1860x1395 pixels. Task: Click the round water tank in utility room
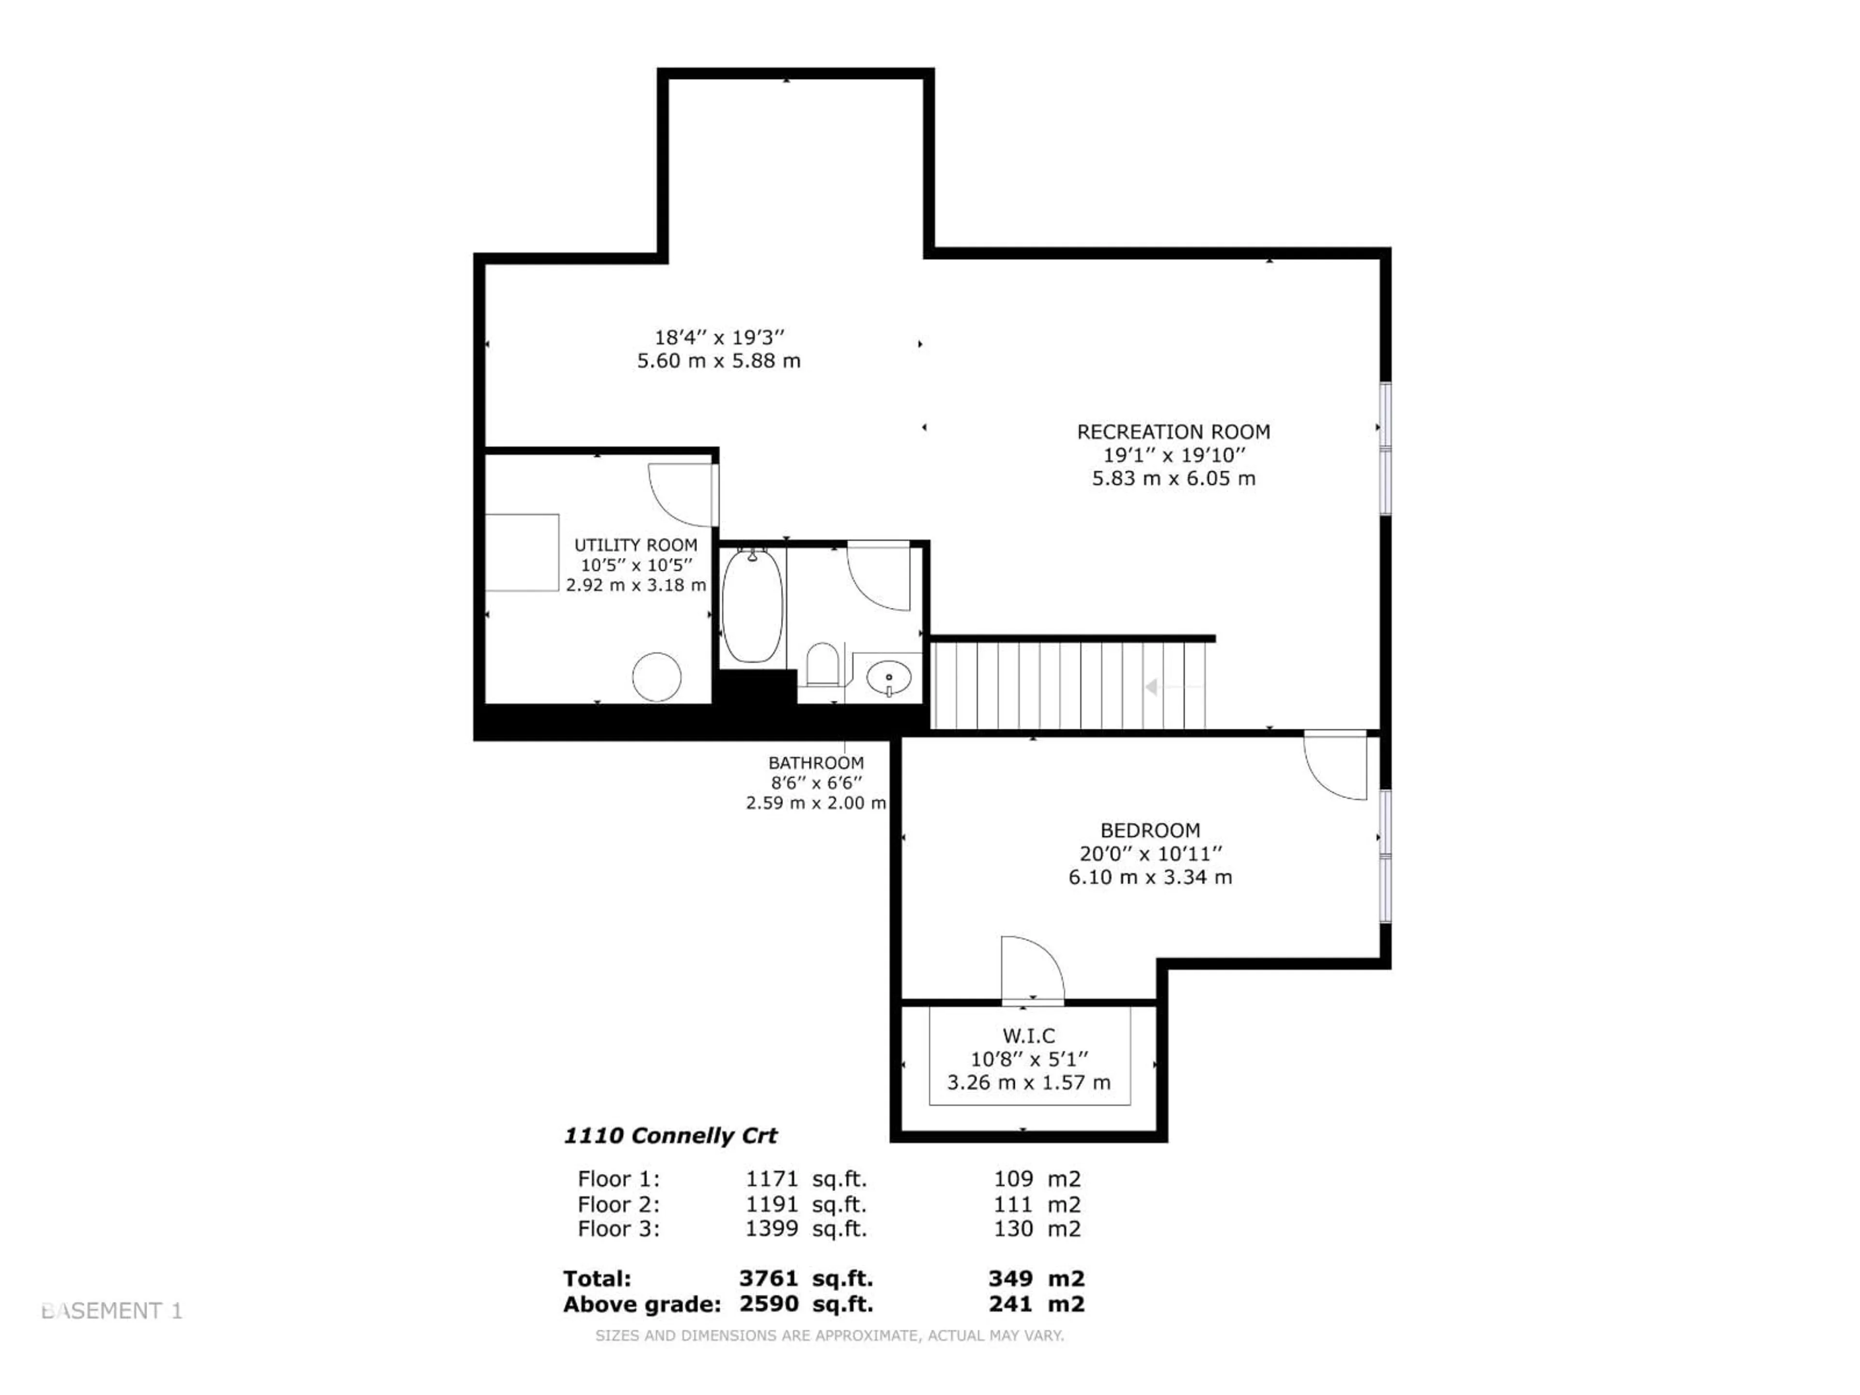coord(657,677)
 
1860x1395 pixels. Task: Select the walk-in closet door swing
coord(1032,969)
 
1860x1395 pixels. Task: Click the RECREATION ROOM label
coord(1173,432)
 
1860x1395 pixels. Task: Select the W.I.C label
coord(1028,1036)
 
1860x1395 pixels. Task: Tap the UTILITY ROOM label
coord(635,545)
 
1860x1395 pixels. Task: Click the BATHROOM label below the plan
coord(816,763)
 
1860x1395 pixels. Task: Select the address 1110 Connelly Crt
coord(670,1135)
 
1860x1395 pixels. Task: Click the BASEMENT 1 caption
coord(112,1310)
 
